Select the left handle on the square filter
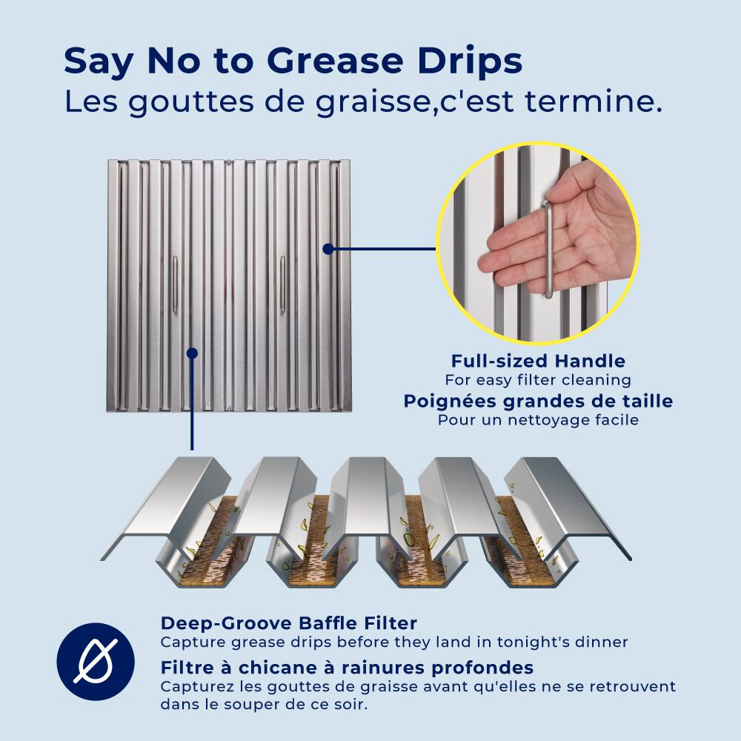175,285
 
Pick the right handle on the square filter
282,285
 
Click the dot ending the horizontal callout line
327,249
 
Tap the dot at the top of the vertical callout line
192,353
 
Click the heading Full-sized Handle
538,362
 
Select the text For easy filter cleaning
538,380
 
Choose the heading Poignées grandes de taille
538,401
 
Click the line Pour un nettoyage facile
538,419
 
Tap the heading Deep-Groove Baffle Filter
289,622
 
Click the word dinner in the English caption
602,642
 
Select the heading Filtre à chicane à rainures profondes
347,667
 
